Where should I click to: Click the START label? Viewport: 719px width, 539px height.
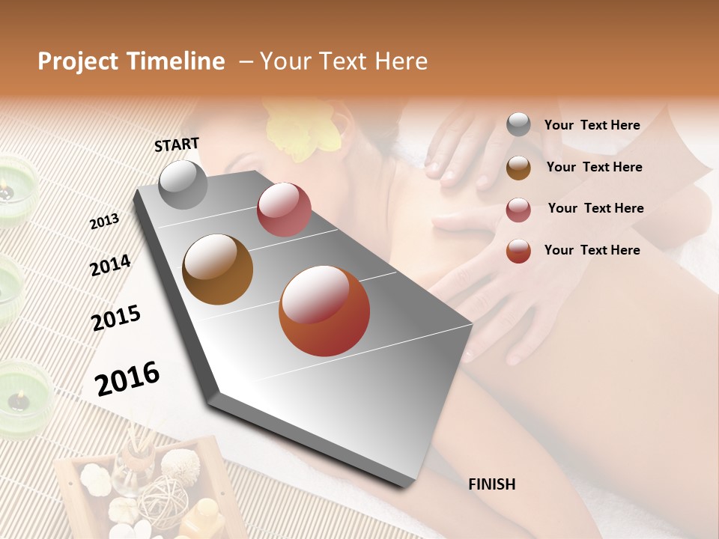[177, 144]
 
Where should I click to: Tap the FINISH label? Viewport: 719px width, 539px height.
[492, 484]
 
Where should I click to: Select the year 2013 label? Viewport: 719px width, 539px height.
[104, 222]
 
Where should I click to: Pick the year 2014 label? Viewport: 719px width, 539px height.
[110, 265]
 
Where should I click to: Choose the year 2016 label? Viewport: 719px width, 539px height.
[127, 378]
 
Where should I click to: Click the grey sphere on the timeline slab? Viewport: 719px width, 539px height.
[183, 185]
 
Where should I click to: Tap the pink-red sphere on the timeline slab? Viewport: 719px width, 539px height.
[284, 210]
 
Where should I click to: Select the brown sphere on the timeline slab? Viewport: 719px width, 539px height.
[218, 269]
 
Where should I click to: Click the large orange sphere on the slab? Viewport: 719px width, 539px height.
[324, 311]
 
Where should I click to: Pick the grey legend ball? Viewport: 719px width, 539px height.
[518, 125]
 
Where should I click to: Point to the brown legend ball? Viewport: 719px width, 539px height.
[518, 168]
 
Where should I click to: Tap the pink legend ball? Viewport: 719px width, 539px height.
[518, 210]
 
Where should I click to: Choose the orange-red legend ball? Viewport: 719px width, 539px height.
[518, 251]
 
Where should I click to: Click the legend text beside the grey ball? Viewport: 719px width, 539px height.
[592, 125]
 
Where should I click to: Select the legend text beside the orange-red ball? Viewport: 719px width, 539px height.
[592, 250]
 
